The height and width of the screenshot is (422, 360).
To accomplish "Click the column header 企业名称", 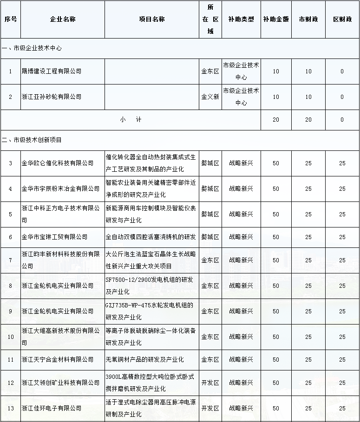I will coord(63,19).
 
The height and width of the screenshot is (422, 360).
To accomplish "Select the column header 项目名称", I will coord(152,19).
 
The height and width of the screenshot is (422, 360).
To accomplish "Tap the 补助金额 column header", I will coord(276,19).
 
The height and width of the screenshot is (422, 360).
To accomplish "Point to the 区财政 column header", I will coord(342,19).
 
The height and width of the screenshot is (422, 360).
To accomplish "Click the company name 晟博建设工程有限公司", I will coord(52,71).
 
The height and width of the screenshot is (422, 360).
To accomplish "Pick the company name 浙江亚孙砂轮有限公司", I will coord(52,97).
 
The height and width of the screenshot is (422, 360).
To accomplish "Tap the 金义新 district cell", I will coord(210,97).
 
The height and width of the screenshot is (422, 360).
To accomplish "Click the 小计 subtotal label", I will coord(131,119).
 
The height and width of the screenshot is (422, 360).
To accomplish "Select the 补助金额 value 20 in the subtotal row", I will coord(276,119).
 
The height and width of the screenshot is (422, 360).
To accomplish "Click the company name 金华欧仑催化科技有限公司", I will coord(58,163).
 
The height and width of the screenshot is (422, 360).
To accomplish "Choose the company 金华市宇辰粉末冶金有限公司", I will coord(60,188).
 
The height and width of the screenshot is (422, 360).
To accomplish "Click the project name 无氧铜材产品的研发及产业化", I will coord(144,359).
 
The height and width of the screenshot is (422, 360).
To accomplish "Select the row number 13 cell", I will coord(10,408).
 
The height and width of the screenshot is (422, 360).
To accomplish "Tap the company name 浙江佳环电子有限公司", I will coord(52,408).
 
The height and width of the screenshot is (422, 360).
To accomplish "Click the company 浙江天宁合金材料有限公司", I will coord(58,359).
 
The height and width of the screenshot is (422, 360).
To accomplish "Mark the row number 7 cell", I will coord(10,260).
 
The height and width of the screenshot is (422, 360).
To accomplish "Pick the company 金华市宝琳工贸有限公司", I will coord(54,237).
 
